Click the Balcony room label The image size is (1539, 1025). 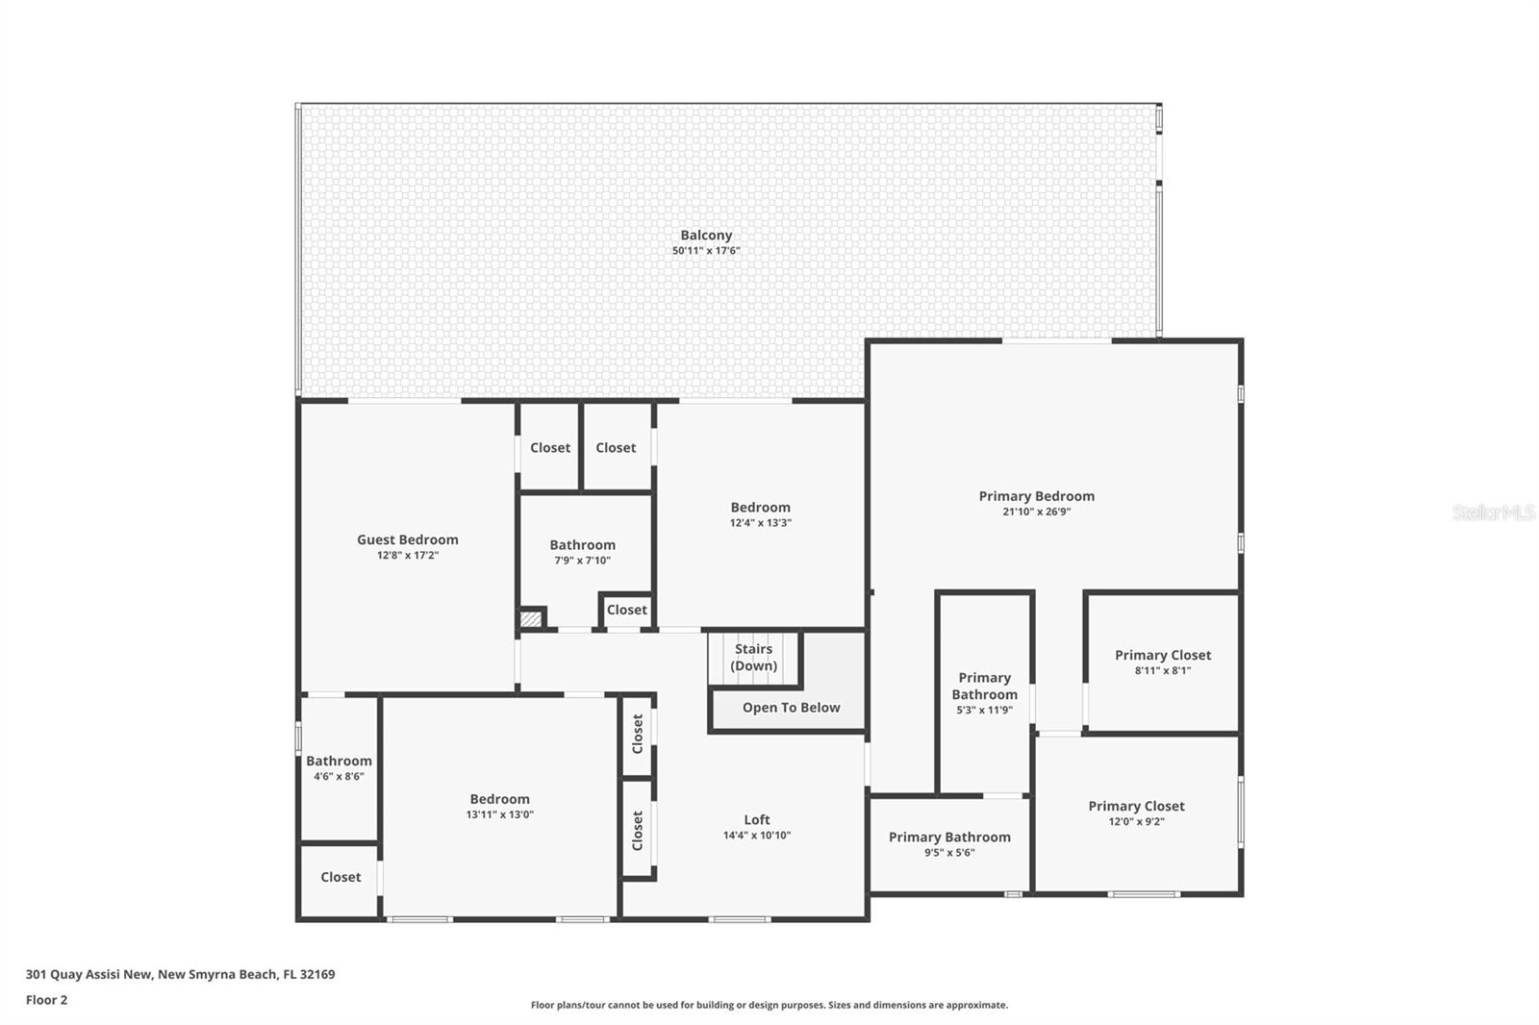[706, 235]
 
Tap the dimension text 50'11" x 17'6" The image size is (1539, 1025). [706, 251]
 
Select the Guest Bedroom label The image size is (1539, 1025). [407, 539]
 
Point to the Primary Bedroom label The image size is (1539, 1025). [1036, 496]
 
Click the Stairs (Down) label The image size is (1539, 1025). [753, 657]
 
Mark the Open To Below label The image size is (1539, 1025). [791, 708]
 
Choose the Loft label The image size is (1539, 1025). [756, 820]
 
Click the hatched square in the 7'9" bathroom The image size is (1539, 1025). [531, 619]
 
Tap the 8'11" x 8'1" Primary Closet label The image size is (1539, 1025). [1162, 656]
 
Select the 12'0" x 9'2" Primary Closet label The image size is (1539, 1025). [1136, 807]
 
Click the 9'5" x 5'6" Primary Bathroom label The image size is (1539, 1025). [949, 837]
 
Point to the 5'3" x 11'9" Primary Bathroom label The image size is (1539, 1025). [984, 687]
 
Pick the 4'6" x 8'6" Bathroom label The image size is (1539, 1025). [339, 762]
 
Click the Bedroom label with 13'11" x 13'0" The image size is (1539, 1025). [499, 799]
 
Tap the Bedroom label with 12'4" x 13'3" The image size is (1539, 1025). [760, 508]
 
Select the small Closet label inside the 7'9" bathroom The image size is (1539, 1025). [626, 610]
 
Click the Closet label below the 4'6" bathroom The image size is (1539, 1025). [341, 877]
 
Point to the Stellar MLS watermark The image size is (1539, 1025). [1493, 512]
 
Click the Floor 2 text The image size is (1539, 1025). [46, 1000]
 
